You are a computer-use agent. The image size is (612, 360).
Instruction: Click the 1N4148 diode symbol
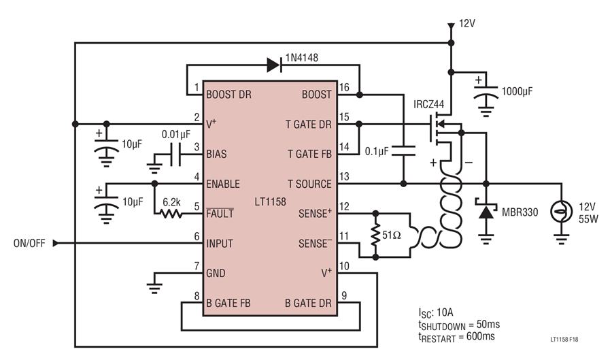[x=274, y=65]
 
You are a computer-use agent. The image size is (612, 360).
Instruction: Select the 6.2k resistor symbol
[x=171, y=214]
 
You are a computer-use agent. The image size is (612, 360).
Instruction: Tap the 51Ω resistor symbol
[x=375, y=235]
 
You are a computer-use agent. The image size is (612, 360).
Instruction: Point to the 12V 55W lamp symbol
[x=561, y=212]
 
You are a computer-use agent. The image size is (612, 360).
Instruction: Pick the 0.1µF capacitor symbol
[x=403, y=151]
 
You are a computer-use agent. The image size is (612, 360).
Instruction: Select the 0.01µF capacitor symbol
[x=176, y=154]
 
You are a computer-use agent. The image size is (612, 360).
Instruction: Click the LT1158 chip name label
[x=270, y=202]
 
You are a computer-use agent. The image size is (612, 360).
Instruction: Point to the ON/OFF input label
[x=29, y=243]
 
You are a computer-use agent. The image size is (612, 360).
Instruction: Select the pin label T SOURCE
[x=309, y=184]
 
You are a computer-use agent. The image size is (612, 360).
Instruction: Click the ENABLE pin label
[x=223, y=184]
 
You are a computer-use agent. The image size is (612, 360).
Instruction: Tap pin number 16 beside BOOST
[x=344, y=88]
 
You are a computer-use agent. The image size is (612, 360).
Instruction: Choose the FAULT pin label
[x=220, y=213]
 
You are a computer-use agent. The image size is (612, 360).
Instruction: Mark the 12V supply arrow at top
[x=451, y=27]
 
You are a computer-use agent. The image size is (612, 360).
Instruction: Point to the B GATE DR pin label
[x=308, y=304]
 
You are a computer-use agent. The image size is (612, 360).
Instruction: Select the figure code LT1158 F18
[x=564, y=340]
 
